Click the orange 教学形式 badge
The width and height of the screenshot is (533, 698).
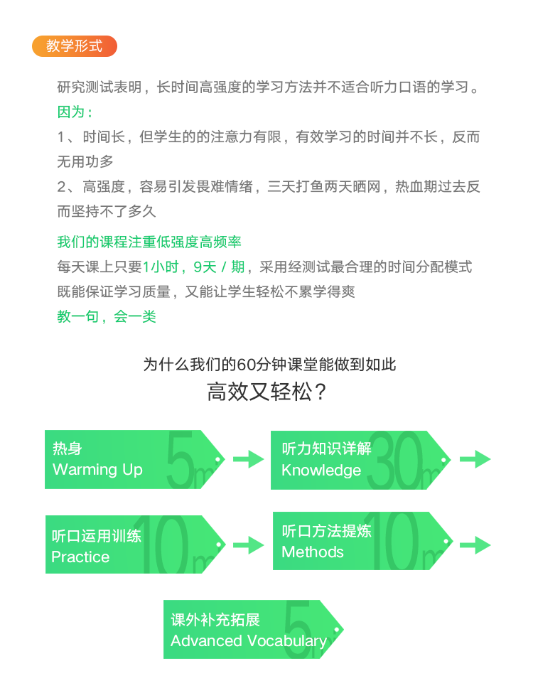pyautogui.click(x=75, y=46)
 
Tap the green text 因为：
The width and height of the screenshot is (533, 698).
pyautogui.click(x=75, y=112)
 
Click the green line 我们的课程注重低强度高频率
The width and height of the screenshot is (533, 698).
pyautogui.click(x=149, y=242)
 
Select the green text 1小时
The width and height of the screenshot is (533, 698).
pyautogui.click(x=161, y=267)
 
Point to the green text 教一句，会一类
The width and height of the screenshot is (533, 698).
pyautogui.click(x=107, y=316)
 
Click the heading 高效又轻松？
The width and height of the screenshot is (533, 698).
pyautogui.click(x=266, y=392)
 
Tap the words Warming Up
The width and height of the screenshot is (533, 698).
pyautogui.click(x=97, y=469)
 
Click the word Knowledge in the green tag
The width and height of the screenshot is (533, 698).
pyautogui.click(x=321, y=470)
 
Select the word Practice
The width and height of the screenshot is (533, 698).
pyautogui.click(x=80, y=557)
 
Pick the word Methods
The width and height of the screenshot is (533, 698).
pyautogui.click(x=313, y=552)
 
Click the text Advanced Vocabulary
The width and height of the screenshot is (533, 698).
pyautogui.click(x=249, y=641)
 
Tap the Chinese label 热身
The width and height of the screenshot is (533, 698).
pyautogui.click(x=68, y=449)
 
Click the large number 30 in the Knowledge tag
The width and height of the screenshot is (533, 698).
pyautogui.click(x=395, y=461)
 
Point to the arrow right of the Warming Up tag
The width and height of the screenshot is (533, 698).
pyautogui.click(x=248, y=459)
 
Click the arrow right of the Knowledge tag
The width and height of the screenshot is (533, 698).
pyautogui.click(x=475, y=459)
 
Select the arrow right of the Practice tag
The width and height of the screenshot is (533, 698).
pyautogui.click(x=248, y=545)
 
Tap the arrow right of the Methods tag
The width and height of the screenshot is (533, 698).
pyautogui.click(x=475, y=545)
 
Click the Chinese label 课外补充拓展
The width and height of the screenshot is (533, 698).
pyautogui.click(x=215, y=620)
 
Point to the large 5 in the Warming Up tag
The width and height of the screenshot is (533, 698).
pyautogui.click(x=180, y=459)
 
